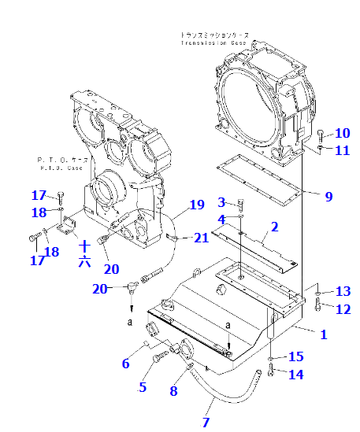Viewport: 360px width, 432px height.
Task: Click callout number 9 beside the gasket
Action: (x=328, y=196)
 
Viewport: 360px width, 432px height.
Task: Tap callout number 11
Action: (x=342, y=150)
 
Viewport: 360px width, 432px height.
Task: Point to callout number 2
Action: (x=274, y=227)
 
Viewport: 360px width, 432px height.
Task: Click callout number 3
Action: (x=221, y=203)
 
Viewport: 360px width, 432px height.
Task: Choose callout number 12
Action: (x=342, y=309)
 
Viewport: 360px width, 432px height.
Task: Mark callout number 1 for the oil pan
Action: (x=323, y=333)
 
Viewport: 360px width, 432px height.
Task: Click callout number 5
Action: (x=143, y=386)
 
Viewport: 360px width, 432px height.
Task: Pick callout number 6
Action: (x=125, y=364)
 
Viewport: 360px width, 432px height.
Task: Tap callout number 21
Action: (x=202, y=238)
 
